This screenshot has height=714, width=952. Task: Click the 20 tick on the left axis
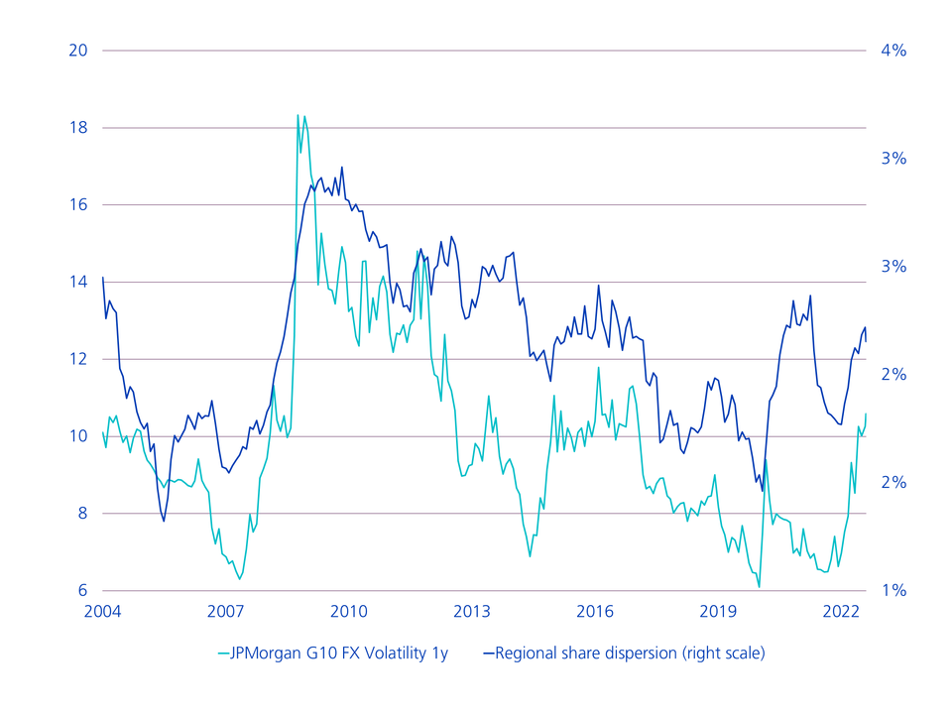pyautogui.click(x=77, y=51)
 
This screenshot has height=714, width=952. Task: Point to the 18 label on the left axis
pyautogui.click(x=77, y=128)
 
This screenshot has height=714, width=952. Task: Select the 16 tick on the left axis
pyautogui.click(x=77, y=205)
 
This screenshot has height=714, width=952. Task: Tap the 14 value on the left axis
pyautogui.click(x=77, y=283)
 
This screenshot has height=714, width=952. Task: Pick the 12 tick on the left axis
pyautogui.click(x=77, y=359)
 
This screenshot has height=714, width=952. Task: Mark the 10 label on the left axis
pyautogui.click(x=77, y=436)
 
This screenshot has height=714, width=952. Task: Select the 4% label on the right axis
pyautogui.click(x=892, y=51)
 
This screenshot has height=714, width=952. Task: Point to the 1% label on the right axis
pyautogui.click(x=892, y=591)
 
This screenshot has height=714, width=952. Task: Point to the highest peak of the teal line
pyautogui.click(x=297, y=116)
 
